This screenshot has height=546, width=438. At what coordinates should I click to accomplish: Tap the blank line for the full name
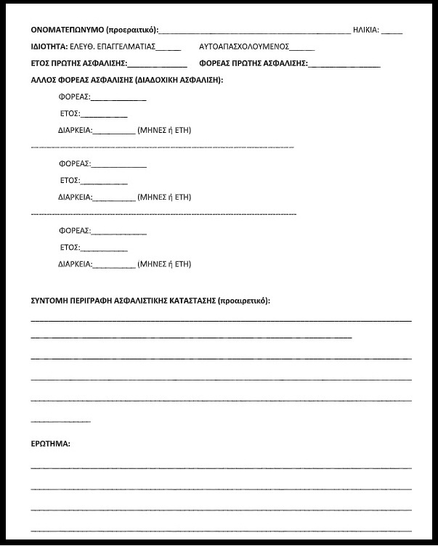click(254, 32)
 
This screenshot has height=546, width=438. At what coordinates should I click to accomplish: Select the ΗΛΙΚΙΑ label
click(365, 30)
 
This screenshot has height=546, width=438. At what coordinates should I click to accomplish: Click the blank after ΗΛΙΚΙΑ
click(392, 32)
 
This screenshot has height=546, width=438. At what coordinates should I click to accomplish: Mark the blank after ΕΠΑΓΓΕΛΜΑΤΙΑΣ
click(169, 49)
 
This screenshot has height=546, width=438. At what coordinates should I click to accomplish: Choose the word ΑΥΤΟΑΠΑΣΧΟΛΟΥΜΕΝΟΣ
click(244, 46)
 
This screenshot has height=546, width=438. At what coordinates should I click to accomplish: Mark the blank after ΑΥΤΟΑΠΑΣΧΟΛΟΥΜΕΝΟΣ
click(302, 49)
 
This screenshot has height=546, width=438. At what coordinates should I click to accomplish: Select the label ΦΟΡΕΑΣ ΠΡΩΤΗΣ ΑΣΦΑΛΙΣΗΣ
click(253, 63)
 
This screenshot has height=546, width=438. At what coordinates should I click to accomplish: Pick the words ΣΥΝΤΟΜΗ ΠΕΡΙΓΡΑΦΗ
click(72, 301)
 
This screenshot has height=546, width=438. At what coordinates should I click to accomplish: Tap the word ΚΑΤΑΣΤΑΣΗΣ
click(190, 301)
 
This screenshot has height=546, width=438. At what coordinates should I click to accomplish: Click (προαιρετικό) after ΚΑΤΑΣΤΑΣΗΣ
click(243, 301)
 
